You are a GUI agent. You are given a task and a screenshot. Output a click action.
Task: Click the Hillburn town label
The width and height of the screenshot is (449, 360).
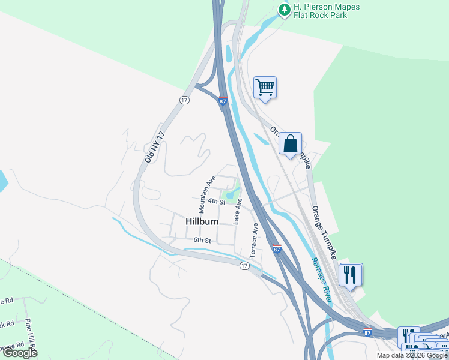click(x=202, y=221)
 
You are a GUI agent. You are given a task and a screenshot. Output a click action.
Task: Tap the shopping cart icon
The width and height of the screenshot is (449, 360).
click(x=265, y=88)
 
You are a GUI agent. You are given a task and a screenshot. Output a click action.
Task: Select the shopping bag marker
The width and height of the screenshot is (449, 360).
click(x=290, y=143)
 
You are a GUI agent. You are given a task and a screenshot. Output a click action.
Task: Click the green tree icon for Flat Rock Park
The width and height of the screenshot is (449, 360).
click(x=284, y=9)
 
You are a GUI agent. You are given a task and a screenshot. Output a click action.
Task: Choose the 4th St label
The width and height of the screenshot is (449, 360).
click(x=217, y=202)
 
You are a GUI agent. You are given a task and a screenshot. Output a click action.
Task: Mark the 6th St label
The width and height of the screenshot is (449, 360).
click(x=203, y=241)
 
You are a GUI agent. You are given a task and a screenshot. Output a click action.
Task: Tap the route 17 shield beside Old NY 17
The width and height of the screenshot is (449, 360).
click(x=184, y=100)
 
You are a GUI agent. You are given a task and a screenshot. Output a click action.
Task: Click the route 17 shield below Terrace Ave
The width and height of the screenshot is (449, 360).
click(x=244, y=266)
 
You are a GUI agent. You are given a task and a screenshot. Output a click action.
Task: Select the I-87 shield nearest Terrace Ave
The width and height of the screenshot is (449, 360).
click(x=276, y=249)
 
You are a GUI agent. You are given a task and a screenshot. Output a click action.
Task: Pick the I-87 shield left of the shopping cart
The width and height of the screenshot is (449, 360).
click(x=223, y=101)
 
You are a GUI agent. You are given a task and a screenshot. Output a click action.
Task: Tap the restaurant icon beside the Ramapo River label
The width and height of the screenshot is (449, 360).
click(x=351, y=275)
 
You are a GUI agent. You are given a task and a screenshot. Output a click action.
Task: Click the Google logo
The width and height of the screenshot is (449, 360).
click(x=20, y=353)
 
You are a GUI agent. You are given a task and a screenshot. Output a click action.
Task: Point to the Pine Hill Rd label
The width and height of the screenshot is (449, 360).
click(x=29, y=336)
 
